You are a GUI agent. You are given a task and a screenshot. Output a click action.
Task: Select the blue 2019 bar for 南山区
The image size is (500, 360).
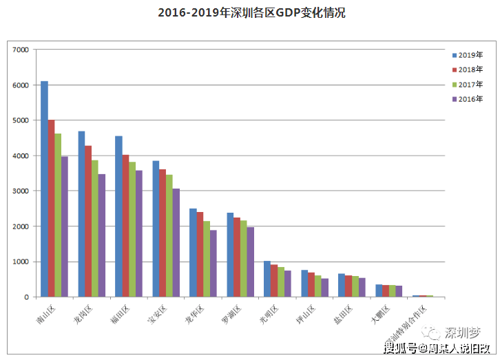pyautogui.click(x=44, y=189)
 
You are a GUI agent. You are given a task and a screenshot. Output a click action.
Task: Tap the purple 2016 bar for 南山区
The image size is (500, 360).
pyautogui.click(x=65, y=226)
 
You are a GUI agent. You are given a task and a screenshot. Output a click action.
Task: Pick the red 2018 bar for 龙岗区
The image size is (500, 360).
pyautogui.click(x=88, y=221)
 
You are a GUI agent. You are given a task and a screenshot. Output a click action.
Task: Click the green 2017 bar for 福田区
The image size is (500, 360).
pyautogui.click(x=132, y=229)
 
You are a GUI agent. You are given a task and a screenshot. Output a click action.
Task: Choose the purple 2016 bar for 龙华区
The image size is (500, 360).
pyautogui.click(x=213, y=263)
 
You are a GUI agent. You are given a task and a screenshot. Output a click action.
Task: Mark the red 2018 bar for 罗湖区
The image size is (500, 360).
pyautogui.click(x=237, y=257)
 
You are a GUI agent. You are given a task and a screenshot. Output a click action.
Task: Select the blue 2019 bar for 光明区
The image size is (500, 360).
pyautogui.click(x=267, y=279)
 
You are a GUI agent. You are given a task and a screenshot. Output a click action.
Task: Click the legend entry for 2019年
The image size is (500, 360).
pyautogui.click(x=468, y=55)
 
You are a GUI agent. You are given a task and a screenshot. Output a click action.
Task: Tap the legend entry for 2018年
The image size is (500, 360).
pyautogui.click(x=468, y=70)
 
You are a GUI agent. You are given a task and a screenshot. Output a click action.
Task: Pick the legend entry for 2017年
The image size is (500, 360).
pyautogui.click(x=468, y=84)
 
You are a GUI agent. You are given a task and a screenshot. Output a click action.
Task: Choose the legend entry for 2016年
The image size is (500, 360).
pyautogui.click(x=468, y=99)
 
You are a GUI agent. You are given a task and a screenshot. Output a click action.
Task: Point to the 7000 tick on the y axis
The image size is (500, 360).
pyautogui.click(x=21, y=50)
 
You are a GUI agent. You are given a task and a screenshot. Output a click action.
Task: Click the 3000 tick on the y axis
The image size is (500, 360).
pyautogui.click(x=21, y=191)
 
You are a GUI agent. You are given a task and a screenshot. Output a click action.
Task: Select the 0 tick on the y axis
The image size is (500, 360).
pyautogui.click(x=26, y=297)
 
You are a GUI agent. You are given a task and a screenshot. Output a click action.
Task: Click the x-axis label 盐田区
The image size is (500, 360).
pyautogui.click(x=344, y=313)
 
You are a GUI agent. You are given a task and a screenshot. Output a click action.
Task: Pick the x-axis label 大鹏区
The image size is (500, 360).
pyautogui.click(x=381, y=313)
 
